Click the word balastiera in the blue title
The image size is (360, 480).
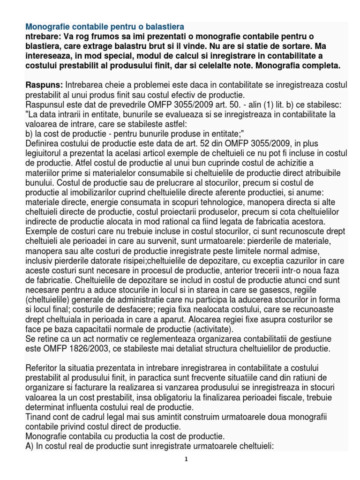tap(163, 26)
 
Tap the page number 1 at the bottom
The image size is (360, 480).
tap(186, 459)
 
